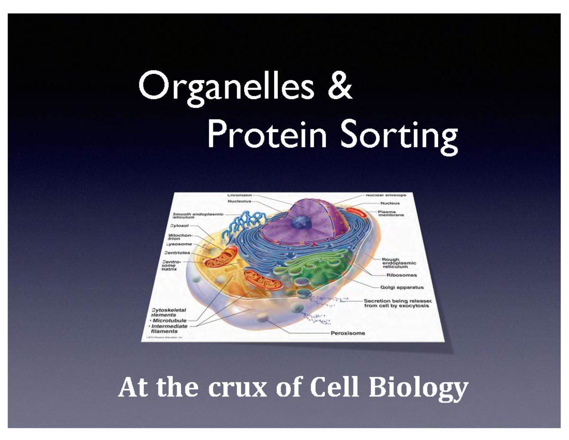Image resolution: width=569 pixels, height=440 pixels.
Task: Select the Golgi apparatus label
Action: pyautogui.click(x=402, y=287)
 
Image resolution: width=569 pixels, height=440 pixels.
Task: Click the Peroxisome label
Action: pyautogui.click(x=348, y=333)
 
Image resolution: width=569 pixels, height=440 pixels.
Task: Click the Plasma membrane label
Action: pyautogui.click(x=391, y=214)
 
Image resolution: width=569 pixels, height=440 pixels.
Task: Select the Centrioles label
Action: pyautogui.click(x=177, y=253)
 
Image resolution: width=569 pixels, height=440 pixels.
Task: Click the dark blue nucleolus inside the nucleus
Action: pyautogui.click(x=300, y=223)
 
